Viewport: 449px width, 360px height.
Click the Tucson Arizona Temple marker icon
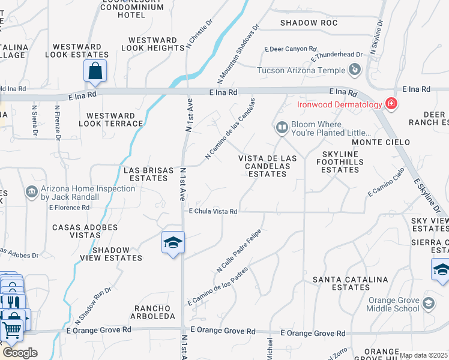point(355,70)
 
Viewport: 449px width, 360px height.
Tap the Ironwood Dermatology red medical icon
point(391,104)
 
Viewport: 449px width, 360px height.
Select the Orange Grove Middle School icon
point(428,304)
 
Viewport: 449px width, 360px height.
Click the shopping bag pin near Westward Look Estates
point(95,71)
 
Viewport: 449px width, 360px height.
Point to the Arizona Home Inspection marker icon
point(32,193)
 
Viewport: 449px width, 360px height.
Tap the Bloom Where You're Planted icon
point(282,127)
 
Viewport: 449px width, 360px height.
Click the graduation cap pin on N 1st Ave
point(173,243)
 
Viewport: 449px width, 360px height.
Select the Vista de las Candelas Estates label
point(268,166)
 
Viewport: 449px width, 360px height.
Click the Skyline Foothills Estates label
point(340,162)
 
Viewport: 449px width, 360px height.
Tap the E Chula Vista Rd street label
point(213,211)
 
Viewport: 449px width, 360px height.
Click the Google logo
point(19,353)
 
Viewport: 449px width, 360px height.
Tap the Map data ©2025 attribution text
point(423,355)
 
